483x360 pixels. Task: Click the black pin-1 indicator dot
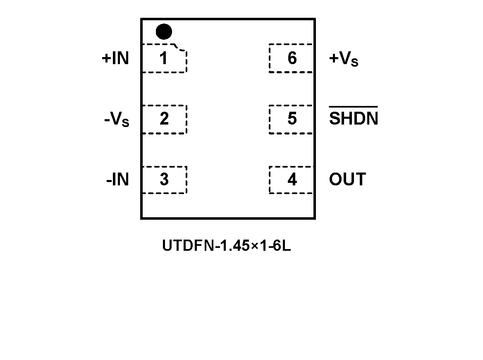[164, 32]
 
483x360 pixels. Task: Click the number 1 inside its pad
[164, 58]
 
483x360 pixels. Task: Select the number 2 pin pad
[164, 119]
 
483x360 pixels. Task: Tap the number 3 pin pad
[164, 180]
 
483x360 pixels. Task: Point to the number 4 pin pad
[292, 180]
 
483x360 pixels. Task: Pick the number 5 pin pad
[292, 119]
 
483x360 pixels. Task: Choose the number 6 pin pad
[292, 58]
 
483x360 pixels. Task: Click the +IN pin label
[115, 58]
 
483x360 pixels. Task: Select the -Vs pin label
[117, 120]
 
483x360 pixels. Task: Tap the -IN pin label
[117, 180]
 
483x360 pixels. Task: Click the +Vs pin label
[344, 59]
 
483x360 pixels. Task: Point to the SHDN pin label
[354, 119]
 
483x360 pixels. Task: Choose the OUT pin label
[347, 180]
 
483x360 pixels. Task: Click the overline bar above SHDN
[354, 107]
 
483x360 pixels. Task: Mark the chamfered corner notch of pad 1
[180, 48]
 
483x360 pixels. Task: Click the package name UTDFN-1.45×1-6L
[226, 246]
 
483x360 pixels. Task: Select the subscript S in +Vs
[354, 62]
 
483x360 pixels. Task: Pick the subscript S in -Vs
[125, 123]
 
